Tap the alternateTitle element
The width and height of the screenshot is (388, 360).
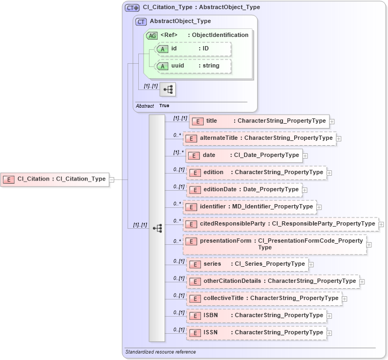tap(259, 138)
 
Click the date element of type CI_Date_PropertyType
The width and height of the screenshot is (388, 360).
tap(244, 155)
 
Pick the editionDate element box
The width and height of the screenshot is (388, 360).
tap(244, 190)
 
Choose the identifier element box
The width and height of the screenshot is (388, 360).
tap(249, 206)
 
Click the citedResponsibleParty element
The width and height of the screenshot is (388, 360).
tap(280, 224)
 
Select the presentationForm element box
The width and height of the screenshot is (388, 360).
tap(274, 244)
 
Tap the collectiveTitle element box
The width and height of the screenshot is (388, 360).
tap(263, 298)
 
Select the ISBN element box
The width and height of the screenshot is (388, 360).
tap(256, 316)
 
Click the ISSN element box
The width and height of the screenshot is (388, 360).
tap(256, 333)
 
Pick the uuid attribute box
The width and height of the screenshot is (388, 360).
tap(192, 66)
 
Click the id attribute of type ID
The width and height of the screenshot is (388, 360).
tap(192, 49)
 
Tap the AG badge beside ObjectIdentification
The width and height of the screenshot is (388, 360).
tap(152, 35)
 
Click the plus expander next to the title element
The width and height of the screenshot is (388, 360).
tap(332, 122)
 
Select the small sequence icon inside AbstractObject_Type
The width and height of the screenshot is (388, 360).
tap(168, 89)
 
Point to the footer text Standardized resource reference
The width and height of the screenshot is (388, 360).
tap(160, 352)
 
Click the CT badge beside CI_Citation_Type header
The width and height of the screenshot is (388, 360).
tap(132, 7)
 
